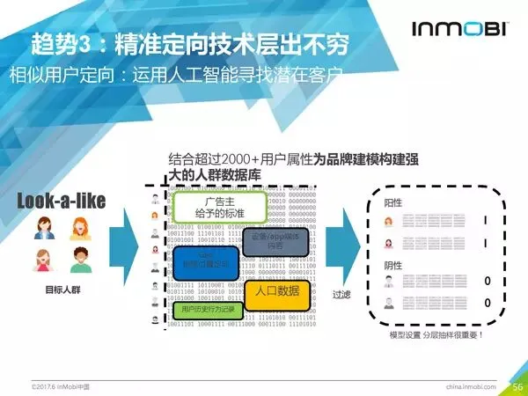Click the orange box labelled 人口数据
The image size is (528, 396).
click(277, 291)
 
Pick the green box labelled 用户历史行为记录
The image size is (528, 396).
click(207, 310)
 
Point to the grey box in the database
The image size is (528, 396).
click(276, 242)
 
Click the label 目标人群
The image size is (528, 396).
click(62, 289)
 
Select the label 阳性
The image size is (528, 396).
click(392, 202)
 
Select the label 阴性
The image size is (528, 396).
click(392, 265)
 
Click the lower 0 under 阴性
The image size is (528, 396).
click(487, 304)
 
